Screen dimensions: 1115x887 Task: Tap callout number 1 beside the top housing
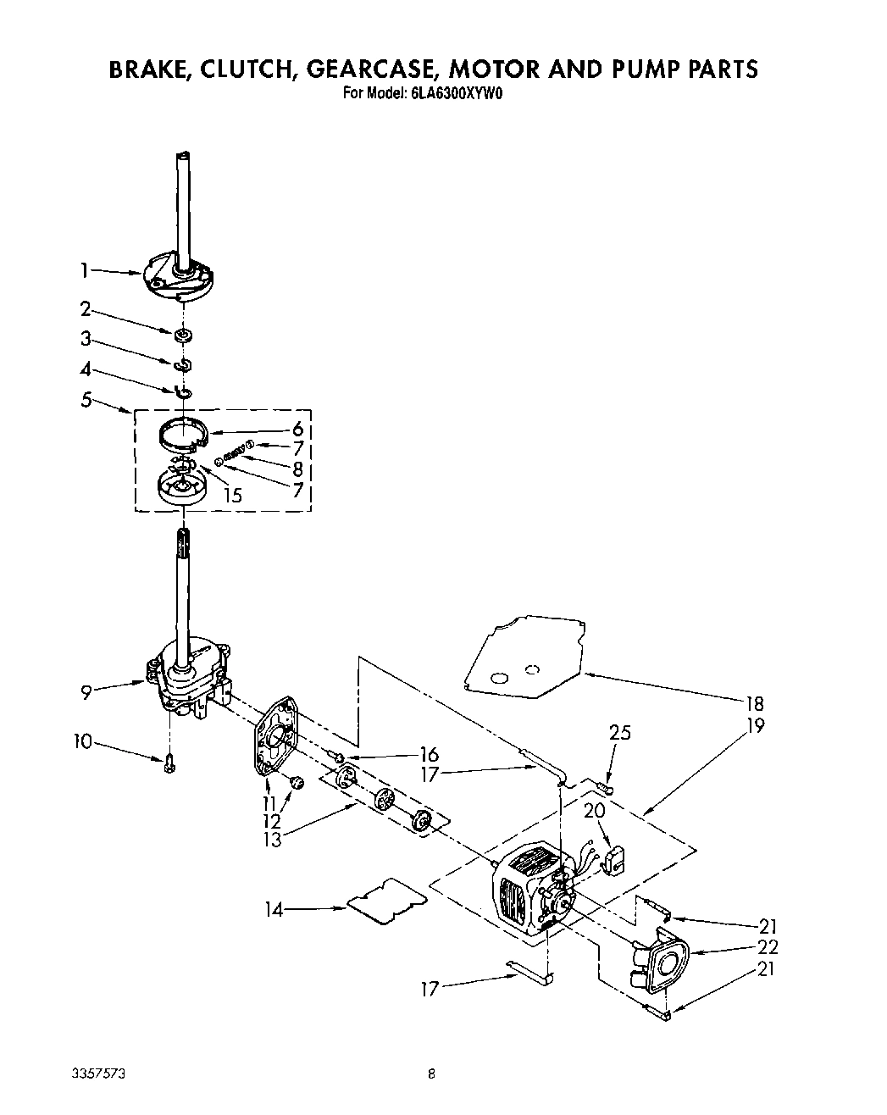pos(84,270)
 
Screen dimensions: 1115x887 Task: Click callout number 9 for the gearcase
pos(86,692)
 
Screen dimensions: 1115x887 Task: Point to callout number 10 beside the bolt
pos(81,743)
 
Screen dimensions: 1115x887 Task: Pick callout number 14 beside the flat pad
pos(274,910)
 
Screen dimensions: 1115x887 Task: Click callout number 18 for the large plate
pos(753,703)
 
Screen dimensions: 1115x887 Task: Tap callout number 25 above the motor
pos(620,733)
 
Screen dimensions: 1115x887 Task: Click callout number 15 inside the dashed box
pos(231,495)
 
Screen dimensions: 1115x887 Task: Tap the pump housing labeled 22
pos(663,961)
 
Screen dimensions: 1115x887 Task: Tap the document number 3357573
pos(99,1073)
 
